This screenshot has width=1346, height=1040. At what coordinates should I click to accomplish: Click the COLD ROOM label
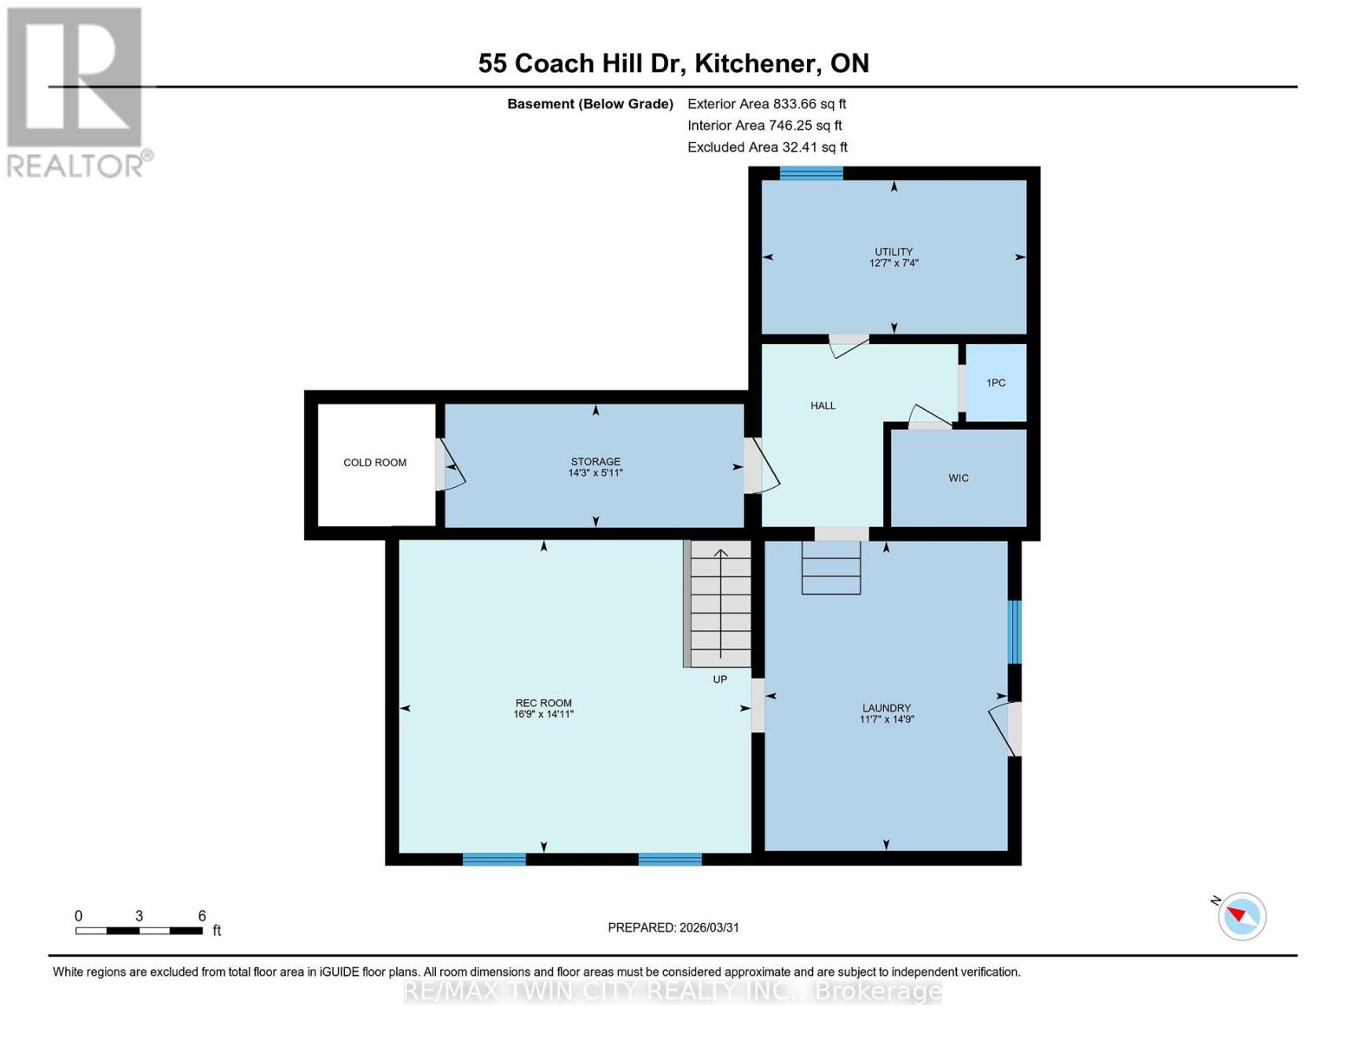tap(374, 463)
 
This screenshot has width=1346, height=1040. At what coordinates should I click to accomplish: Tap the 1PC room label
tap(996, 383)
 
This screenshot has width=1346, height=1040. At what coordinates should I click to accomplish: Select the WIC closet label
tap(958, 478)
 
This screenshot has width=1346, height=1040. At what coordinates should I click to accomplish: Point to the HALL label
tap(823, 406)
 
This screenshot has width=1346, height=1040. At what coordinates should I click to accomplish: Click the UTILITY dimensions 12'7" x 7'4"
tap(894, 263)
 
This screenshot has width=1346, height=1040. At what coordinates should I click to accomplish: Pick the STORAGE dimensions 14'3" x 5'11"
tap(595, 473)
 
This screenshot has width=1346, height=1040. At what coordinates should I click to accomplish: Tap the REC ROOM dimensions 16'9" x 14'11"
tap(543, 714)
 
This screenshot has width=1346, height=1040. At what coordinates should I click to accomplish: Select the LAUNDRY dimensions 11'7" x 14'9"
tap(887, 719)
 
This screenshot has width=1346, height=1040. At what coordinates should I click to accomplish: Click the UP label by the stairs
tap(719, 679)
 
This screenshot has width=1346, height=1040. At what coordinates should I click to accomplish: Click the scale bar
tap(139, 931)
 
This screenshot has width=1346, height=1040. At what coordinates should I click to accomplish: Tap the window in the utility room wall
tap(810, 172)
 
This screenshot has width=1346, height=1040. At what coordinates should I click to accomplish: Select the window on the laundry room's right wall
tap(1014, 632)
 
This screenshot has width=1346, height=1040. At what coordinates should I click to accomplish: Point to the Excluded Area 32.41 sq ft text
tap(767, 147)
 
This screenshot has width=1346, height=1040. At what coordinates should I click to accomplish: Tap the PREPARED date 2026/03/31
tap(673, 927)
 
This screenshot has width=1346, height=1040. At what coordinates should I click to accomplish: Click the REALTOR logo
tap(76, 91)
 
